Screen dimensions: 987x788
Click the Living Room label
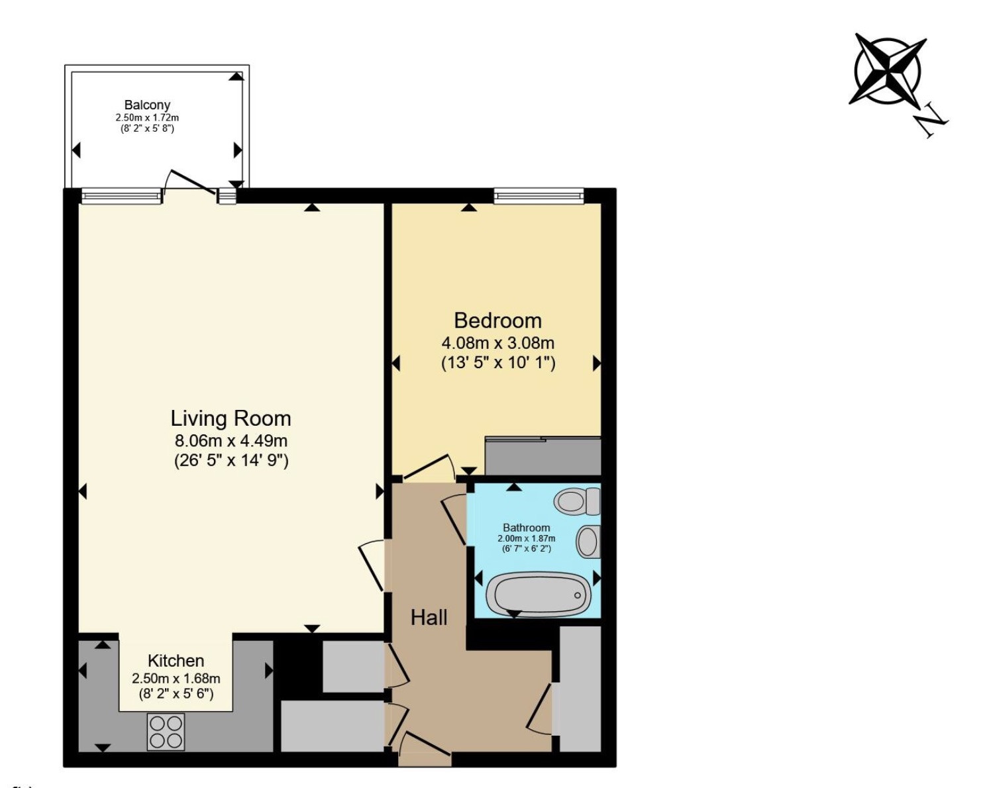click(x=231, y=419)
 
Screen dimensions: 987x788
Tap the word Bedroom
click(x=497, y=320)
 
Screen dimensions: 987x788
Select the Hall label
click(x=429, y=618)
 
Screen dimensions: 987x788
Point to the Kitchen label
click(x=176, y=661)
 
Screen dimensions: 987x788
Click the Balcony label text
click(x=147, y=105)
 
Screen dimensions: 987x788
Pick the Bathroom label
click(x=527, y=528)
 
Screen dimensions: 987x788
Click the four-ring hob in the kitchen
click(x=166, y=732)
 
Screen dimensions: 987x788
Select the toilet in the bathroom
click(x=577, y=501)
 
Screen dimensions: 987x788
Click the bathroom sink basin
click(x=588, y=542)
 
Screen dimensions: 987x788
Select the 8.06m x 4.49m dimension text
click(x=231, y=441)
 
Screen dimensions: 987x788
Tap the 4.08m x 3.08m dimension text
click(x=497, y=342)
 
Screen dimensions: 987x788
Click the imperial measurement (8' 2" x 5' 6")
click(x=176, y=694)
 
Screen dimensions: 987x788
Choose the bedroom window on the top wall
click(x=539, y=197)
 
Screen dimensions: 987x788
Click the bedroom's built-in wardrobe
click(x=543, y=456)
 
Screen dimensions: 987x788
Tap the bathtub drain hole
click(x=578, y=595)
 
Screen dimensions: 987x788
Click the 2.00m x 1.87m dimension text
click(x=527, y=538)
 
